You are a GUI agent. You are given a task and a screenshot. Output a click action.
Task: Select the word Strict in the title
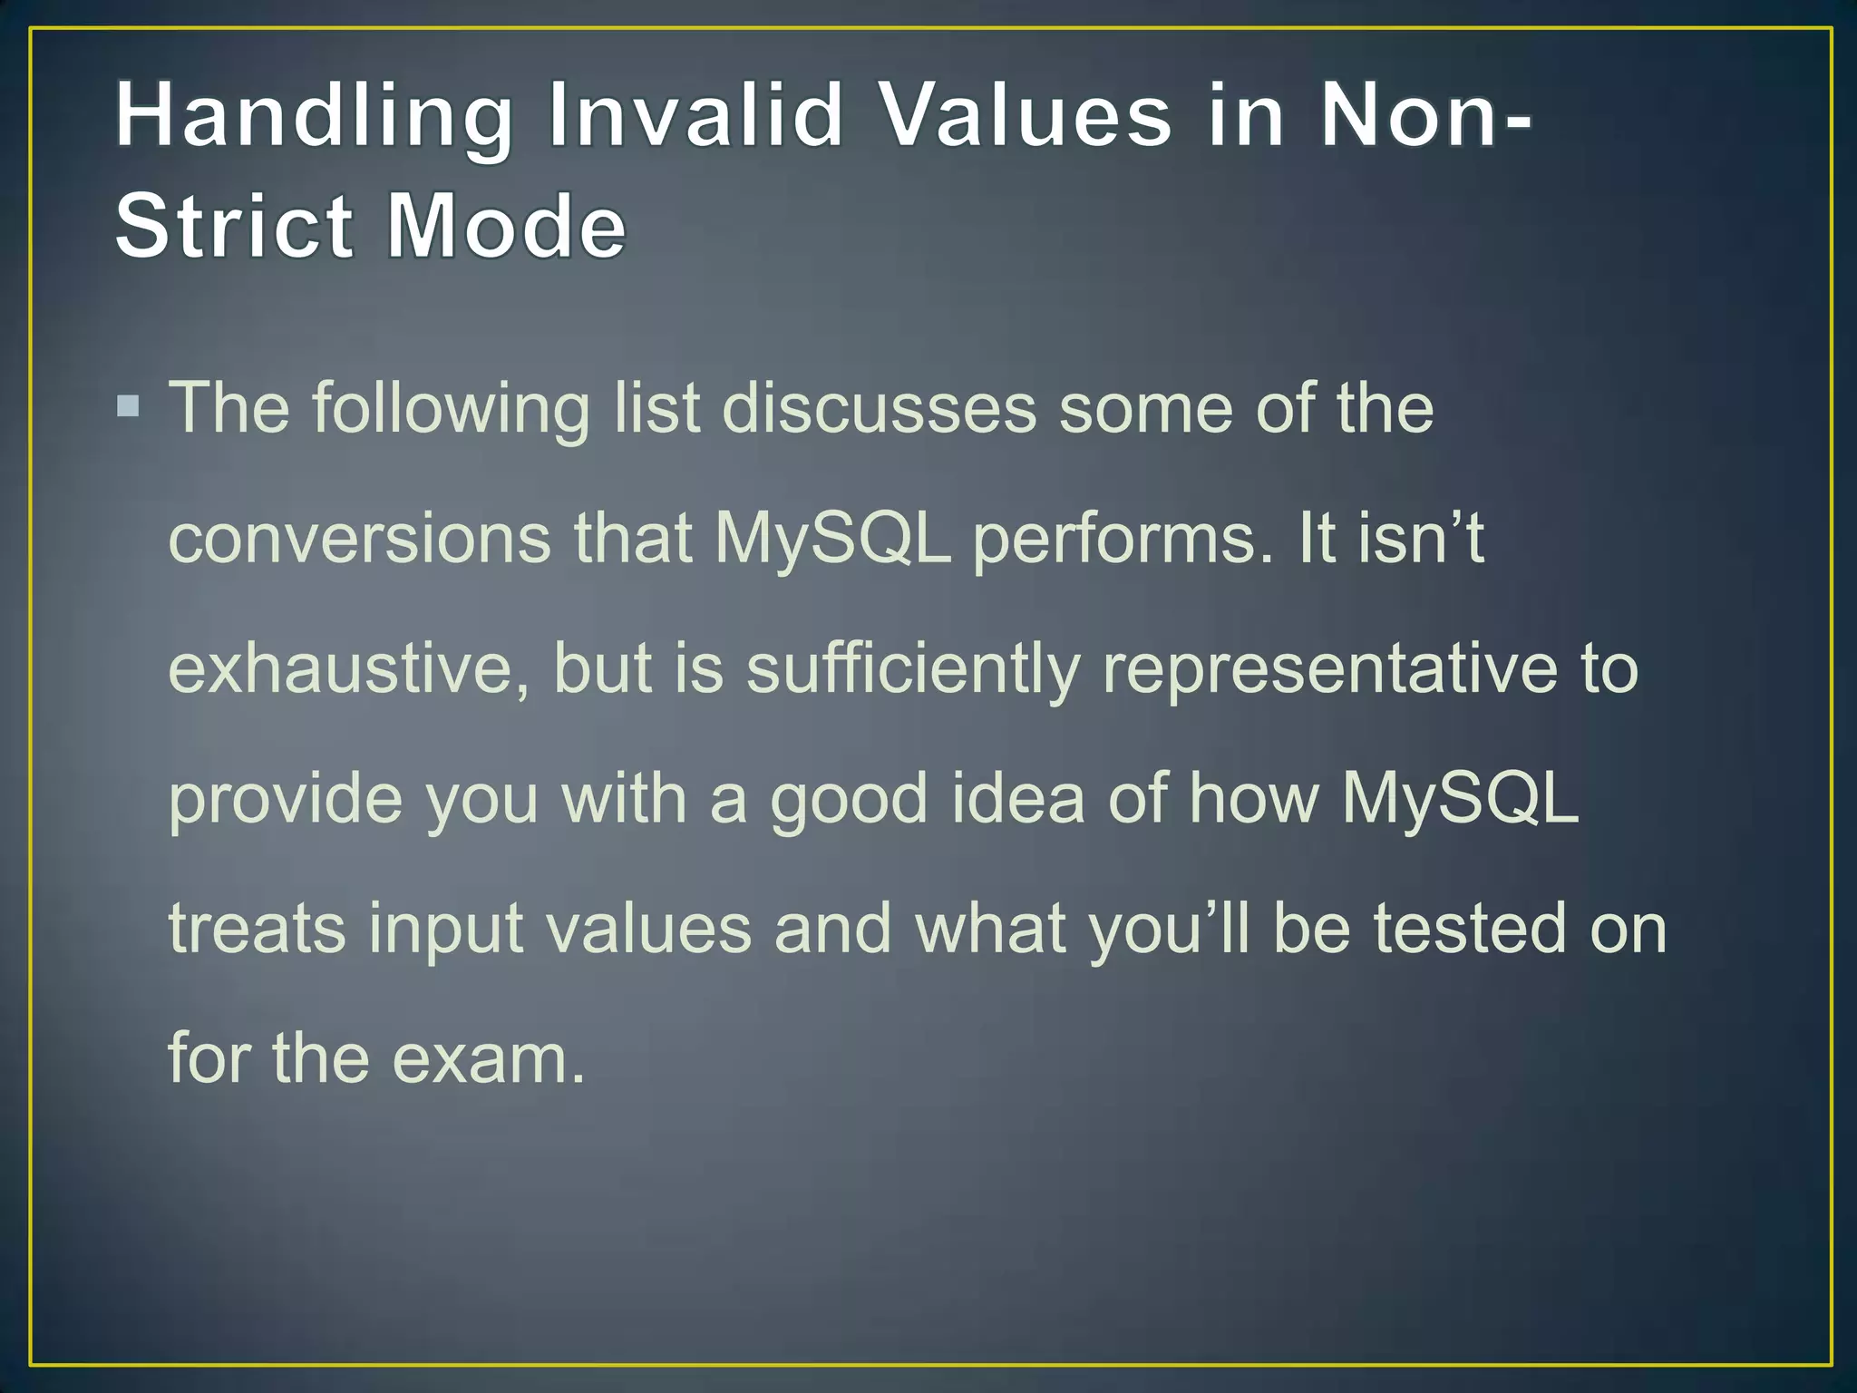click(x=233, y=226)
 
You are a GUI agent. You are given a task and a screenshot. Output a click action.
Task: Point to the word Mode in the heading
click(x=506, y=226)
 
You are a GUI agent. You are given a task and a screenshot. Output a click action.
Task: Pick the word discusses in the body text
click(x=879, y=408)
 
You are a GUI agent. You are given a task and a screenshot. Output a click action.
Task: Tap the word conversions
click(x=359, y=539)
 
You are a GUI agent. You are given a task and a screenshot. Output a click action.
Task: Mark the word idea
click(x=1017, y=798)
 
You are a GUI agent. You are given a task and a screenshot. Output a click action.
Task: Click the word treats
click(x=258, y=929)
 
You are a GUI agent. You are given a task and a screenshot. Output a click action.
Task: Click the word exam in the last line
click(x=489, y=1059)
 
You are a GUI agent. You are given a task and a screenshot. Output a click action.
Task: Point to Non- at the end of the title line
click(x=1424, y=116)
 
